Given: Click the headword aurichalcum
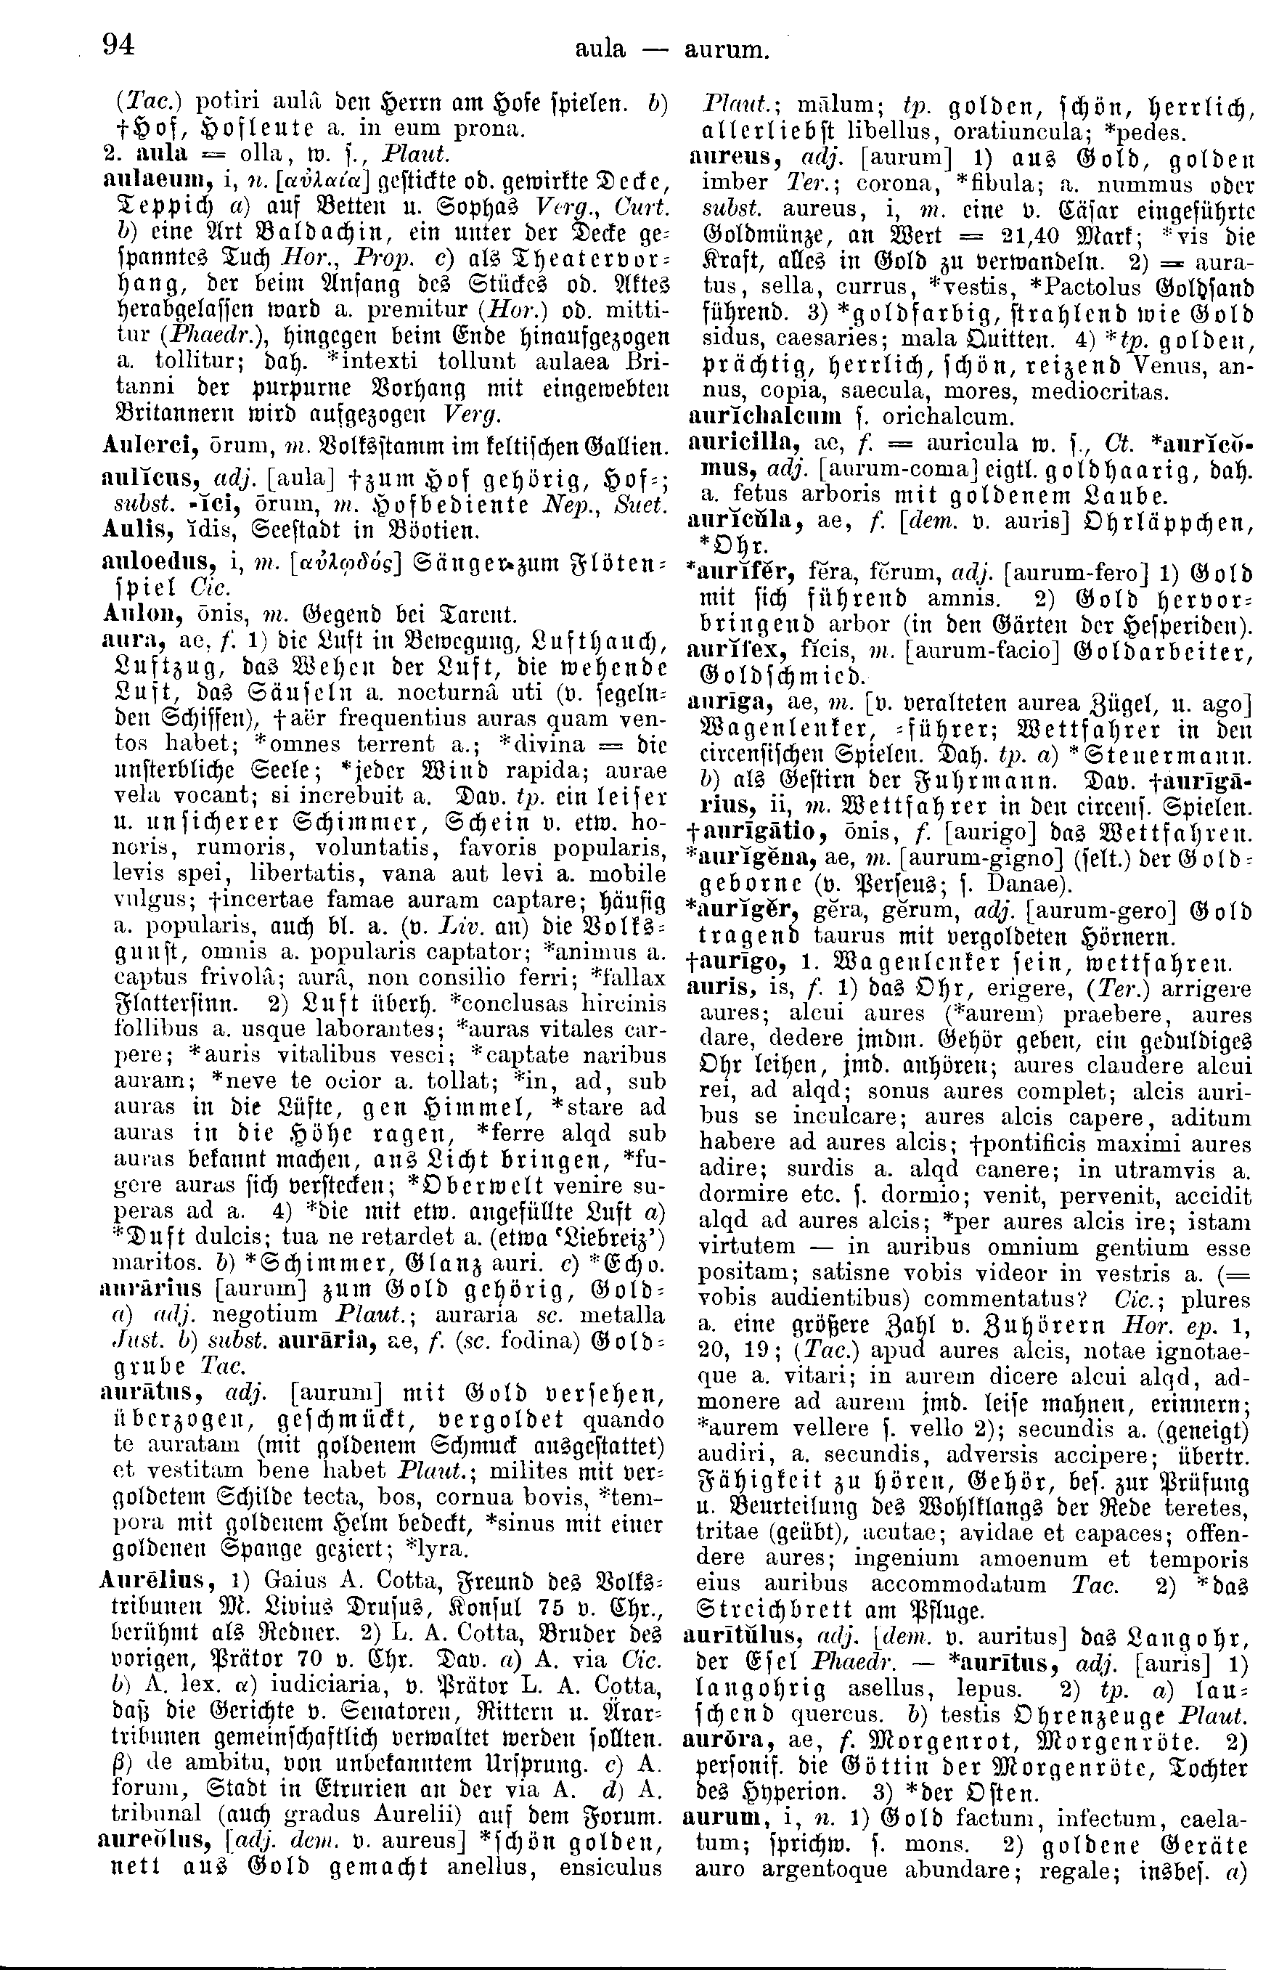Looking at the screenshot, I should tap(764, 415).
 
